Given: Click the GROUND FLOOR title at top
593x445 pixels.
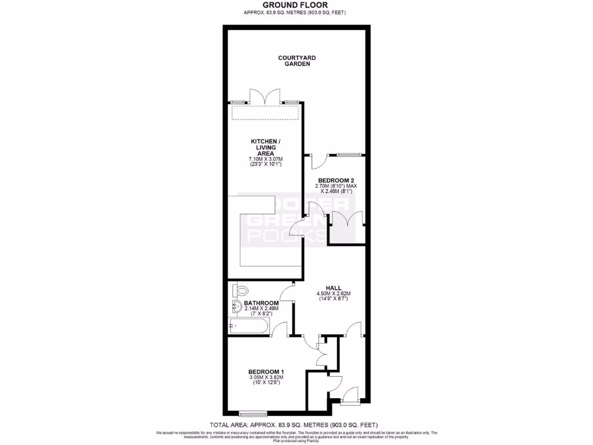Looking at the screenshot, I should [x=296, y=5].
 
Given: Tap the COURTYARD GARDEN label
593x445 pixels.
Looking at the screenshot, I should [x=296, y=61].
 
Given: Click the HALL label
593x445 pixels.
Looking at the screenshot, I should [x=333, y=287].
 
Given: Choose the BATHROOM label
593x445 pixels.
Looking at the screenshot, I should [x=261, y=303].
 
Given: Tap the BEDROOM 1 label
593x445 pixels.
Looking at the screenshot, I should [x=266, y=371].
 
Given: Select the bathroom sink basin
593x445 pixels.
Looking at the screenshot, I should [x=237, y=307].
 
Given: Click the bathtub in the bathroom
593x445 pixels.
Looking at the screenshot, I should [x=250, y=326].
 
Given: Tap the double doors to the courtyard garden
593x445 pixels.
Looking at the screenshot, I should [x=266, y=97].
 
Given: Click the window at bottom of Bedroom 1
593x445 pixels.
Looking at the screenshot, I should [x=253, y=414].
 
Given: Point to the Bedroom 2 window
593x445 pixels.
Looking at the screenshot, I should [x=346, y=155].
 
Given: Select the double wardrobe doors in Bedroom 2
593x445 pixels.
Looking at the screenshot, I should [x=347, y=220].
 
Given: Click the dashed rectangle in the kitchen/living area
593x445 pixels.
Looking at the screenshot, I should [x=266, y=112].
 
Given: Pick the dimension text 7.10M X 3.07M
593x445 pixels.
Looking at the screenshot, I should [x=265, y=159].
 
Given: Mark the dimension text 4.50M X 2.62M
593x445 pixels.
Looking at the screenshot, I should [x=333, y=294].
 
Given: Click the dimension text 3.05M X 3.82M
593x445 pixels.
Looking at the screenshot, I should [x=266, y=378].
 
